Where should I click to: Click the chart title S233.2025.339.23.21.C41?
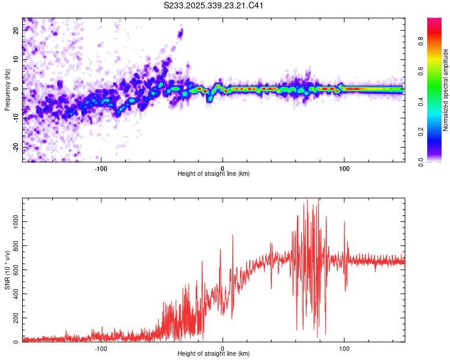pyautogui.click(x=214, y=6)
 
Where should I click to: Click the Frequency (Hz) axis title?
pyautogui.click(x=7, y=89)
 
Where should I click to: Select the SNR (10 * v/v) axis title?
pyautogui.click(x=7, y=269)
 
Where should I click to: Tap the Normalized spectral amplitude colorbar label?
pyautogui.click(x=446, y=89)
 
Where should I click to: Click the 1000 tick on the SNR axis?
pyautogui.click(x=13, y=221)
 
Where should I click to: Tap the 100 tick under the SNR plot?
pyautogui.click(x=344, y=349)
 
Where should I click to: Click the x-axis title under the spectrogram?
pyautogui.click(x=214, y=174)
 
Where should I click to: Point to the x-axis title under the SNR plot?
pyautogui.click(x=214, y=355)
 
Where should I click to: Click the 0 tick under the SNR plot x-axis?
pyautogui.click(x=223, y=349)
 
